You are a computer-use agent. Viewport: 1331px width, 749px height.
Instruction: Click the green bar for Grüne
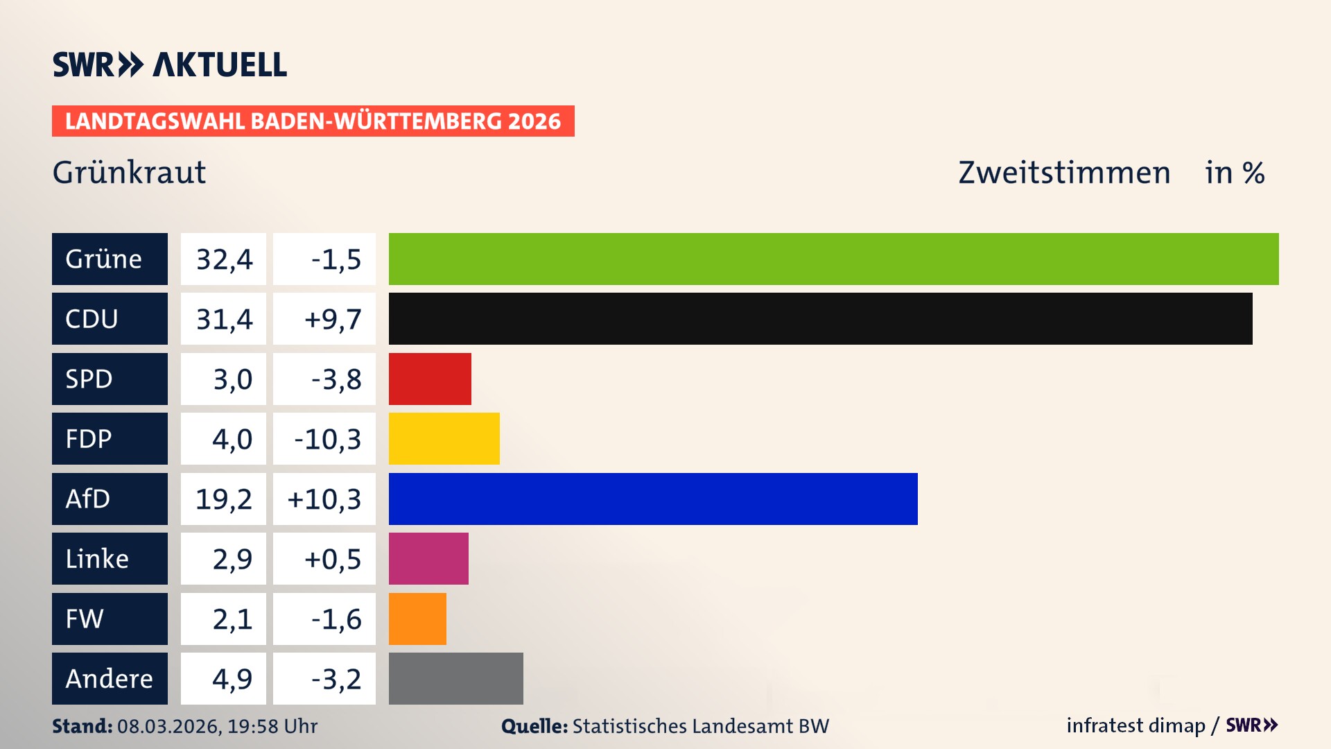[x=833, y=259]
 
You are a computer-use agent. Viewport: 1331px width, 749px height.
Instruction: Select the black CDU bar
[x=820, y=318]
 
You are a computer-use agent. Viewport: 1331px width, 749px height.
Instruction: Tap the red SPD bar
[x=430, y=379]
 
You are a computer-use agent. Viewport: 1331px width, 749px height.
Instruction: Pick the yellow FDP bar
[x=444, y=438]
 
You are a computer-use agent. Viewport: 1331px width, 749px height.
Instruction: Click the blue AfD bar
[x=653, y=499]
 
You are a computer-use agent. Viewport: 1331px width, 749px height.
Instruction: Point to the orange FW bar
[x=417, y=619]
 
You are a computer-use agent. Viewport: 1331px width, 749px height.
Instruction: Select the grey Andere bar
[x=455, y=678]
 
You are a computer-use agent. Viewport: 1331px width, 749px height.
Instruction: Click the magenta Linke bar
[x=428, y=558]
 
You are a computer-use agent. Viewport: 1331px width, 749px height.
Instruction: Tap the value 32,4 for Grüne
[x=224, y=259]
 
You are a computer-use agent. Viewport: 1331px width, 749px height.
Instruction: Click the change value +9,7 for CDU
[x=332, y=319]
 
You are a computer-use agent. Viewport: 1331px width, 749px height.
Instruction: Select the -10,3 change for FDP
[x=327, y=439]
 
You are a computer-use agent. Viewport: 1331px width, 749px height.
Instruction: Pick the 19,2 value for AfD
[x=223, y=499]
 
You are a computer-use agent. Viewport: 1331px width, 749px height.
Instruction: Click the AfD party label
[x=88, y=499]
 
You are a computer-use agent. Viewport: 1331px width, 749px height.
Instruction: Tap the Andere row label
[x=109, y=678]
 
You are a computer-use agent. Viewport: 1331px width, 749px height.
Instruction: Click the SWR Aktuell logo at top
[x=169, y=64]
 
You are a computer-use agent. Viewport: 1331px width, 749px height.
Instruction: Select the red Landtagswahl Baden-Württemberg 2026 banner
[x=313, y=121]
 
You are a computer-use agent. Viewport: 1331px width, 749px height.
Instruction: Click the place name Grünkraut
[x=129, y=172]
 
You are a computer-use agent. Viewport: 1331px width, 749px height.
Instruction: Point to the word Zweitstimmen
[x=1064, y=172]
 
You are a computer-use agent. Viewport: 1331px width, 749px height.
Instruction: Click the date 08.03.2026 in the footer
[x=167, y=726]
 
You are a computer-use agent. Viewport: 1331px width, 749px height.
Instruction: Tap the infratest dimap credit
[x=1135, y=725]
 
